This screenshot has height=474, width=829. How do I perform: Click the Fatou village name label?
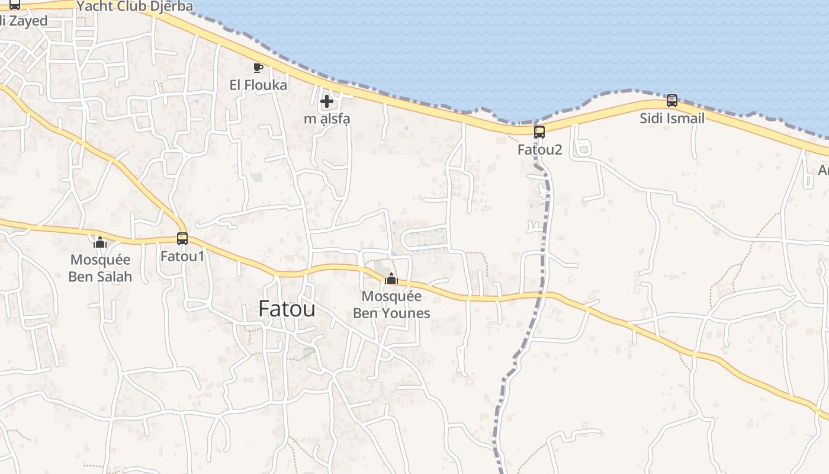(x=287, y=309)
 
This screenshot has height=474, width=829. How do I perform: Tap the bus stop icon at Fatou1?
(x=182, y=239)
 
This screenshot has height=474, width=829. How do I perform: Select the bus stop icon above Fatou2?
(x=539, y=132)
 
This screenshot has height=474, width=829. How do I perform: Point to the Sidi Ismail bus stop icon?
(x=671, y=101)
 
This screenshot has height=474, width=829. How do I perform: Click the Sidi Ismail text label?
(x=671, y=118)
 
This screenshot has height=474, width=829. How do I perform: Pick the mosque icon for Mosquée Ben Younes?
(x=391, y=278)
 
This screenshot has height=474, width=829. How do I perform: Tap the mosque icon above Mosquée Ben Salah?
(x=100, y=242)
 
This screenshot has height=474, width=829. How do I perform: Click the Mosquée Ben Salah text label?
(x=100, y=268)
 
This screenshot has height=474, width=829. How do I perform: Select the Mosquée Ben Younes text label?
(x=391, y=305)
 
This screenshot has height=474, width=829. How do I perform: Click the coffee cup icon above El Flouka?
(x=258, y=68)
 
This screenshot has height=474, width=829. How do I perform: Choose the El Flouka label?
(x=258, y=85)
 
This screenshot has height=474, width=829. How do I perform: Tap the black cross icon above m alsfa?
(x=326, y=102)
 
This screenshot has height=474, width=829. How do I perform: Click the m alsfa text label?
(x=327, y=118)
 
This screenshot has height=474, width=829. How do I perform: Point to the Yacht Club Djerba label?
(x=135, y=7)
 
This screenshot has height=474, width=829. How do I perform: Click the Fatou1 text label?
(x=182, y=257)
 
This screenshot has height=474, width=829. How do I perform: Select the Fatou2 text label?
(x=539, y=149)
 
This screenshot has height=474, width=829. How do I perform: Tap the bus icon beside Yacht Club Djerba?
(x=15, y=5)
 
